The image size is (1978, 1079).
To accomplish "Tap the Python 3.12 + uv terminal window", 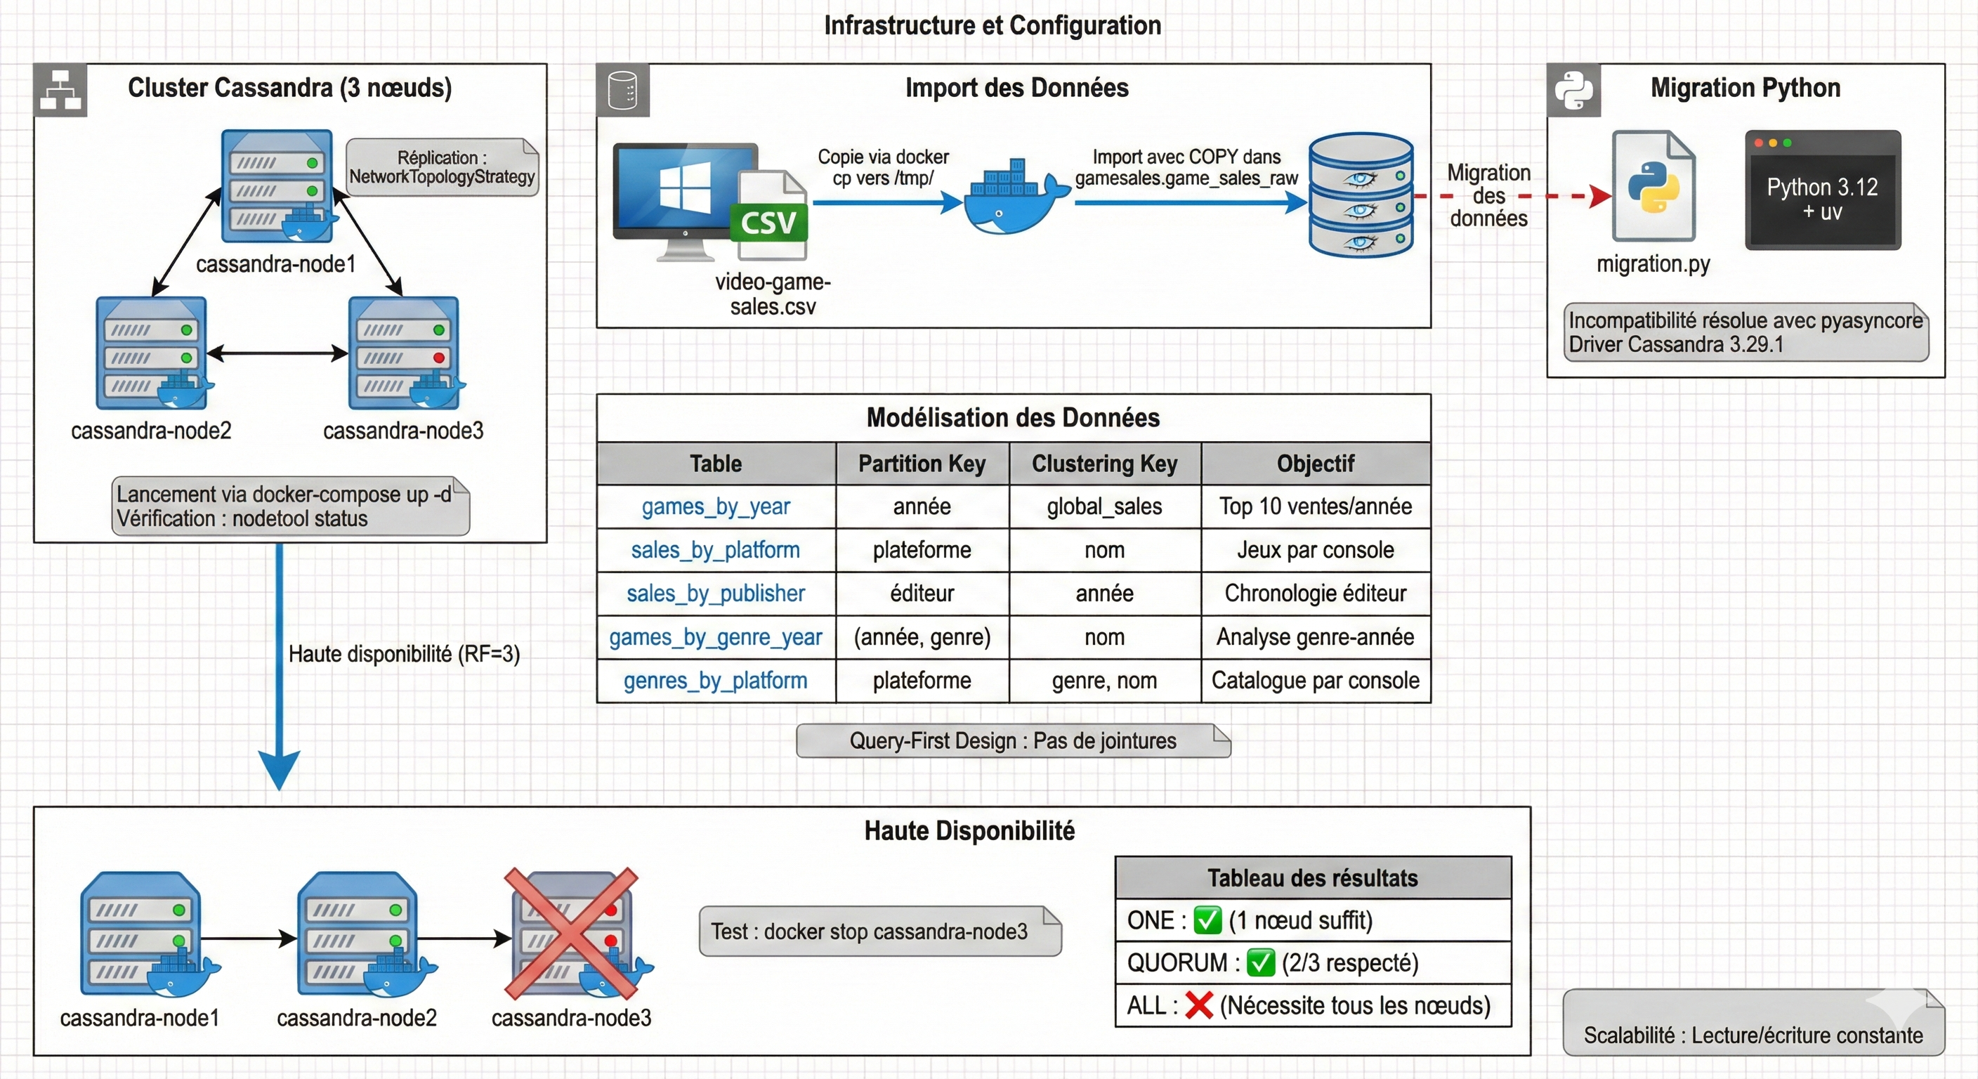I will pos(1822,190).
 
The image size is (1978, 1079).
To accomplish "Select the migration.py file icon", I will pos(1653,187).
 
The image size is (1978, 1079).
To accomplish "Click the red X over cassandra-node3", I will pos(570,932).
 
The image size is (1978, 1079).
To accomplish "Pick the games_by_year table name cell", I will pos(716,507).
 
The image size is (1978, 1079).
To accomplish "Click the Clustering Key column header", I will pos(1104,464).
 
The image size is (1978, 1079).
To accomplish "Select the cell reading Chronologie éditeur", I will pos(1315,594).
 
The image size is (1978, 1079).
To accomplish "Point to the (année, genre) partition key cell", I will pos(922,637).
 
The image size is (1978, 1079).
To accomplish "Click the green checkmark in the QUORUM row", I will pos(1260,962).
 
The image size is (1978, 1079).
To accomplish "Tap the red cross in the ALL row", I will pos(1198,1005).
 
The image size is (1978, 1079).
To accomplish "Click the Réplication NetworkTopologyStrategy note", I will pos(442,167).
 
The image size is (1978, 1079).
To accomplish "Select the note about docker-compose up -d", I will pos(290,506).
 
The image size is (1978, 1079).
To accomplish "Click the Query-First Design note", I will pos(1013,740).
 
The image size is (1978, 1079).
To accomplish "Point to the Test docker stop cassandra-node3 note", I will pos(879,931).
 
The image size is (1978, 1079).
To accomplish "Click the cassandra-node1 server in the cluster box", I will pos(277,186).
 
